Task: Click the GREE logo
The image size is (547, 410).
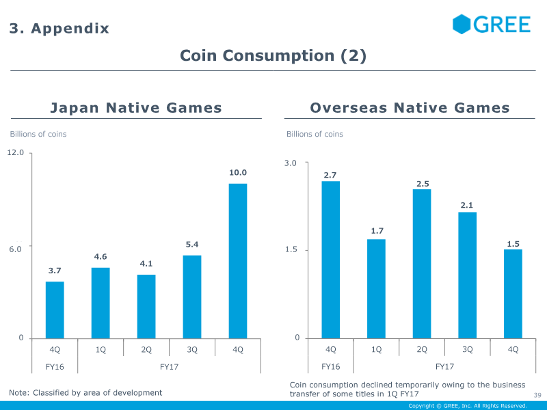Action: (491, 25)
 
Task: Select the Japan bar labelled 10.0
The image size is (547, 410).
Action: (237, 260)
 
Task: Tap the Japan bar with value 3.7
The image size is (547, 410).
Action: (55, 310)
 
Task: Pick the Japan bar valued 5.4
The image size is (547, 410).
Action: (192, 297)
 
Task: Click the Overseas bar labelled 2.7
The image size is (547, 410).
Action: (331, 260)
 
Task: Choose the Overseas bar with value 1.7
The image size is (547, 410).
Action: (376, 288)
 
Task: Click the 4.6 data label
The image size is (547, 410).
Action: (101, 257)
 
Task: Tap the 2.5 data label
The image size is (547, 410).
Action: (422, 184)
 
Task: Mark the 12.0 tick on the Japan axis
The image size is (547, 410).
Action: (16, 152)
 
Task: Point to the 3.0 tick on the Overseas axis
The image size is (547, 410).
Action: (291, 163)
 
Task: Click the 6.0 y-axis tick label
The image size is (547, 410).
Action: (16, 249)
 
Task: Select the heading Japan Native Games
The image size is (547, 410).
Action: (136, 108)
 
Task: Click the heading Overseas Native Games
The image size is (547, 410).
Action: (410, 108)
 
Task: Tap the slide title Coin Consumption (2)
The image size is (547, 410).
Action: (273, 56)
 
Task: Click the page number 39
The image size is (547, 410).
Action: (537, 396)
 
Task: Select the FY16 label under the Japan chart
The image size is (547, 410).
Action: (55, 366)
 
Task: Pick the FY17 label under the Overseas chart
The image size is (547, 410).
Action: (444, 366)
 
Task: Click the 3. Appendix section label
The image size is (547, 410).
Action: (59, 29)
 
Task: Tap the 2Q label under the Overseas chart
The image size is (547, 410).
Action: (422, 349)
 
